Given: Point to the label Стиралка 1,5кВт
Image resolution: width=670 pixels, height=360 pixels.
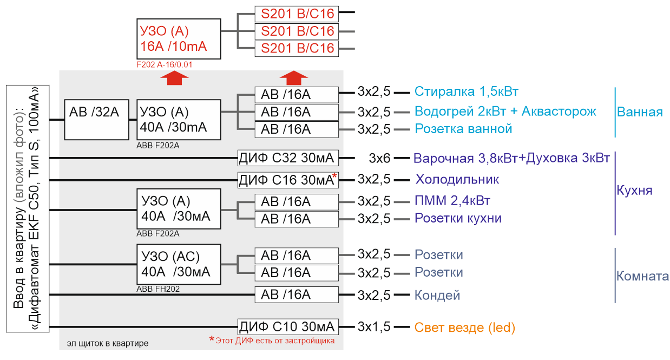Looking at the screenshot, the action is (467, 91).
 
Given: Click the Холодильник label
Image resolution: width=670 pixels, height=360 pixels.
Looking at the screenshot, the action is (457, 180).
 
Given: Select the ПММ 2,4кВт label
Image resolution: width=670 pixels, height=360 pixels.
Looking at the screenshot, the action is (452, 200).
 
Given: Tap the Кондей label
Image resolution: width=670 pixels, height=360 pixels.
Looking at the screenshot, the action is (437, 296).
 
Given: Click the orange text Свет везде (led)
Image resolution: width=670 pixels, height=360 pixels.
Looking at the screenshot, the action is (464, 328).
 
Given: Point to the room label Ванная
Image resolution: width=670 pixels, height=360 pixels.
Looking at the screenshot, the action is (640, 112).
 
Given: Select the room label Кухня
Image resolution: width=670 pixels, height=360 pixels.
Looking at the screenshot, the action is (634, 191).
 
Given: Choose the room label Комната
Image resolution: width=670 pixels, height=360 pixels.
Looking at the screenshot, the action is (642, 276).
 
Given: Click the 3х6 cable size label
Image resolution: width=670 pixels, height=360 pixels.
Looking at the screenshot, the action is (379, 158).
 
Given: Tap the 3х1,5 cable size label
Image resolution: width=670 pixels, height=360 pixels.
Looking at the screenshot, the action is (374, 327).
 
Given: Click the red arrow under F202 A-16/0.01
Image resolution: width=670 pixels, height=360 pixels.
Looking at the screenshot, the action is (174, 78).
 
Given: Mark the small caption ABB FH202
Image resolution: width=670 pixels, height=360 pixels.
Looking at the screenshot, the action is (158, 289).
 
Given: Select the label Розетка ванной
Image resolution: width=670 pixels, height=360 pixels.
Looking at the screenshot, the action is (463, 129).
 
